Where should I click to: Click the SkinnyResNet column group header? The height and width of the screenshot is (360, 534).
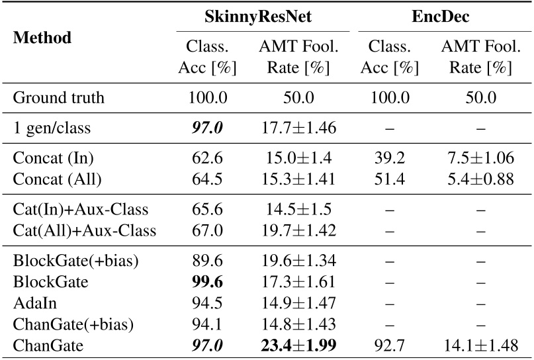point(262,15)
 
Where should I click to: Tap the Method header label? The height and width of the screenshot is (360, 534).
point(42,38)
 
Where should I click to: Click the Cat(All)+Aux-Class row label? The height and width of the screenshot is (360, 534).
point(84,230)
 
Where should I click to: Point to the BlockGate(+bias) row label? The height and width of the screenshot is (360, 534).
point(75,259)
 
